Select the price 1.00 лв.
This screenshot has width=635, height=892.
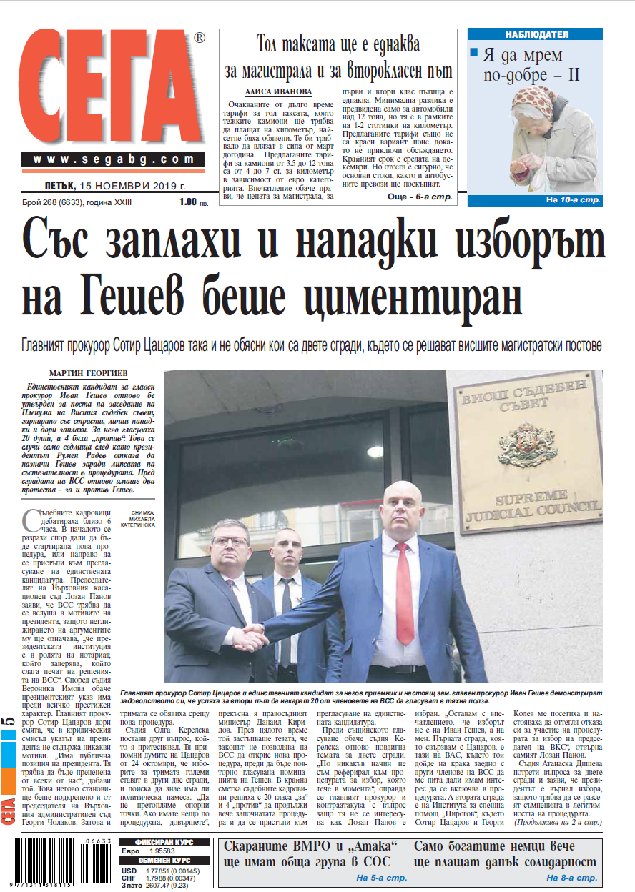[191, 203]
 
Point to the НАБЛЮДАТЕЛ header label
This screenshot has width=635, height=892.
[546, 34]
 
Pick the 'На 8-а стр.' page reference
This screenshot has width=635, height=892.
[571, 878]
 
